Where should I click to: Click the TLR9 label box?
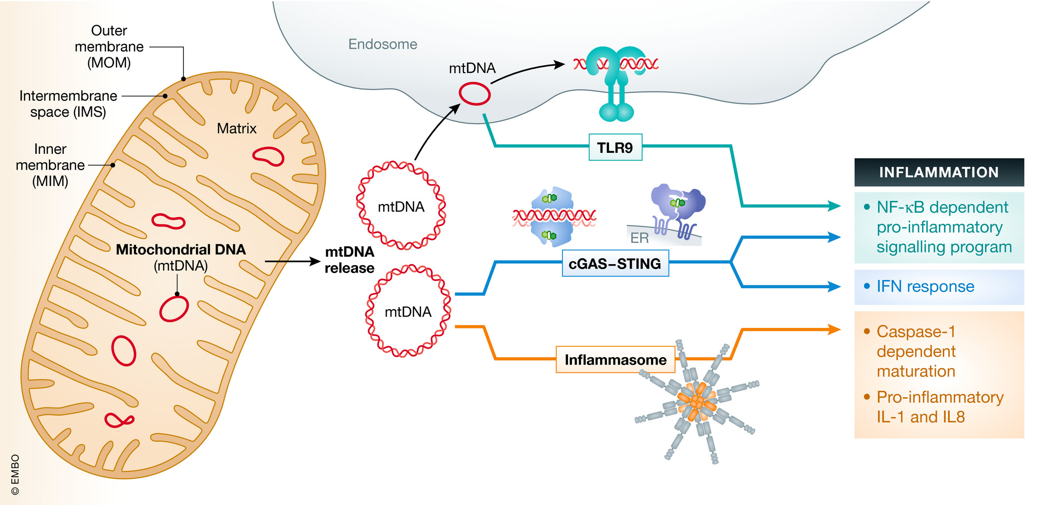[615, 147]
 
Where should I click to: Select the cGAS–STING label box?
[615, 263]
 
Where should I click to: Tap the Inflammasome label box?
[615, 360]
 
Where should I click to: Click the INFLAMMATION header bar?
[939, 172]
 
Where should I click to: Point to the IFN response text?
[925, 286]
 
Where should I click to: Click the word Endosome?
[383, 44]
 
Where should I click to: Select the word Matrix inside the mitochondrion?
[236, 129]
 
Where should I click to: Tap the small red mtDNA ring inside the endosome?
[475, 94]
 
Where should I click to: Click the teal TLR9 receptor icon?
[616, 82]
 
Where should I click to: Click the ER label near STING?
[639, 238]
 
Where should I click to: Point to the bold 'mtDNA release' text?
[350, 260]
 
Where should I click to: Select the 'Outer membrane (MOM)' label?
[109, 46]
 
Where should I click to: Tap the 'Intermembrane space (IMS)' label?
[68, 103]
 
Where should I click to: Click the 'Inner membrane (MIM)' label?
[50, 165]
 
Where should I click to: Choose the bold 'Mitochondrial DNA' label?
[180, 249]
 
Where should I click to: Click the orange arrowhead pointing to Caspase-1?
[834, 329]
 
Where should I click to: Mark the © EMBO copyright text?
[15, 474]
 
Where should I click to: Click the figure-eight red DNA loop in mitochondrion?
[119, 420]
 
